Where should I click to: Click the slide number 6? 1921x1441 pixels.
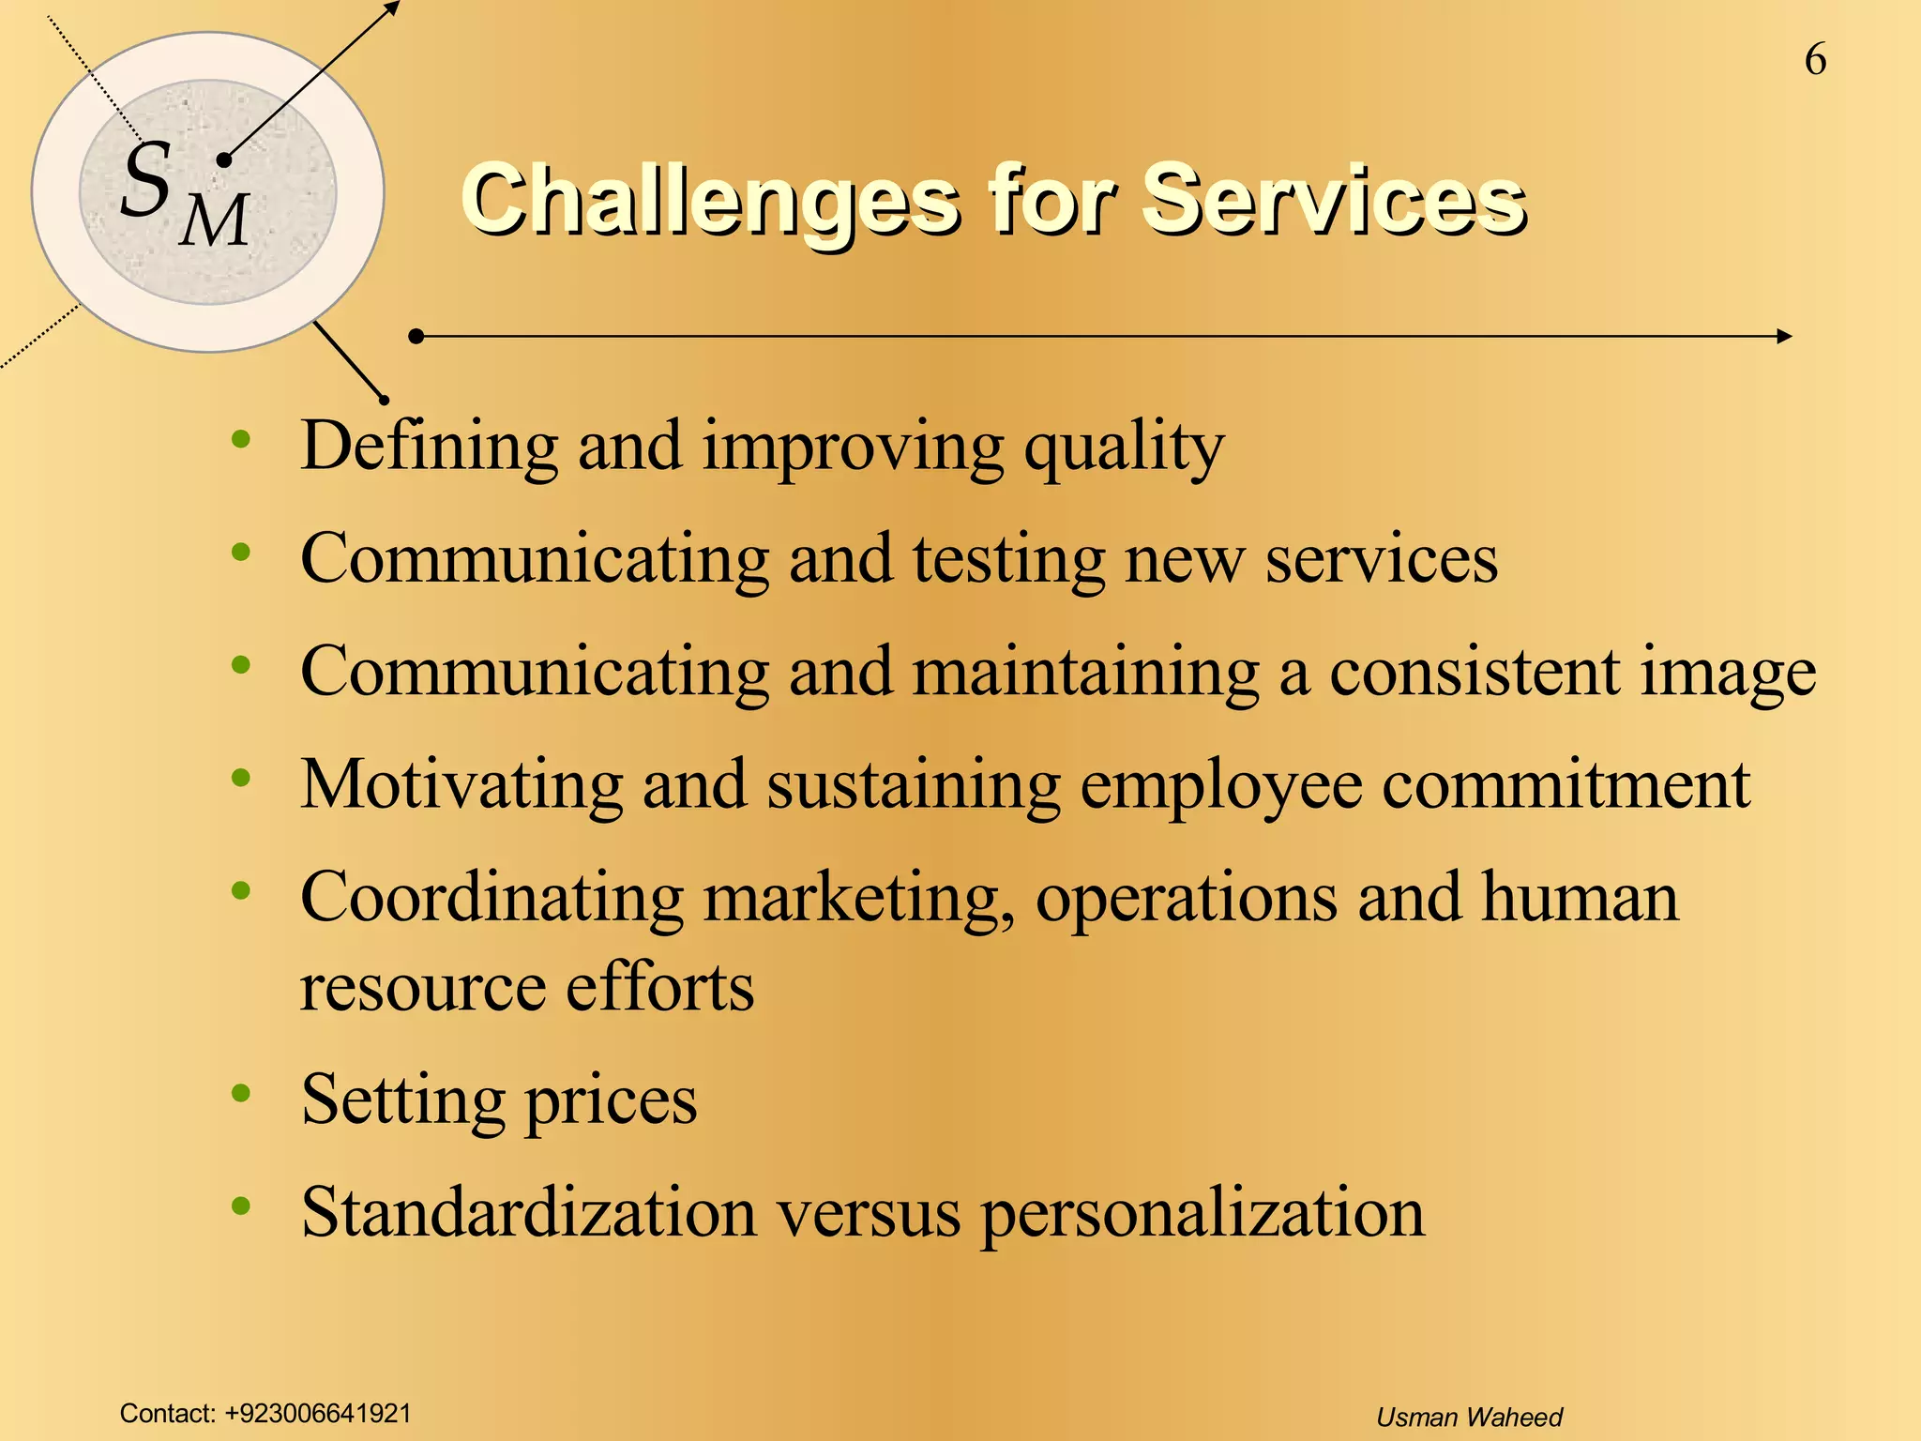[x=1815, y=60]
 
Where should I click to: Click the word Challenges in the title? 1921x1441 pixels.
[x=711, y=200]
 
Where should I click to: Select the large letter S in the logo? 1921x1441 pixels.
[x=147, y=179]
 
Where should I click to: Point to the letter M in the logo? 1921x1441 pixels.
[x=216, y=221]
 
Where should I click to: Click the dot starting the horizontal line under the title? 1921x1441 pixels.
[x=417, y=336]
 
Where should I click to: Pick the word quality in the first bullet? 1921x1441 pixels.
[x=1124, y=448]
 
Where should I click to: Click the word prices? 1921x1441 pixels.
[x=611, y=1101]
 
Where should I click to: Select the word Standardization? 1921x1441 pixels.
[x=529, y=1212]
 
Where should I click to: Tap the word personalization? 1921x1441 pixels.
[x=1203, y=1214]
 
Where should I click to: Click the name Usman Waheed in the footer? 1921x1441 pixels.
[x=1469, y=1418]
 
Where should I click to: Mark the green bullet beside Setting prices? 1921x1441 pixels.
[x=241, y=1093]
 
